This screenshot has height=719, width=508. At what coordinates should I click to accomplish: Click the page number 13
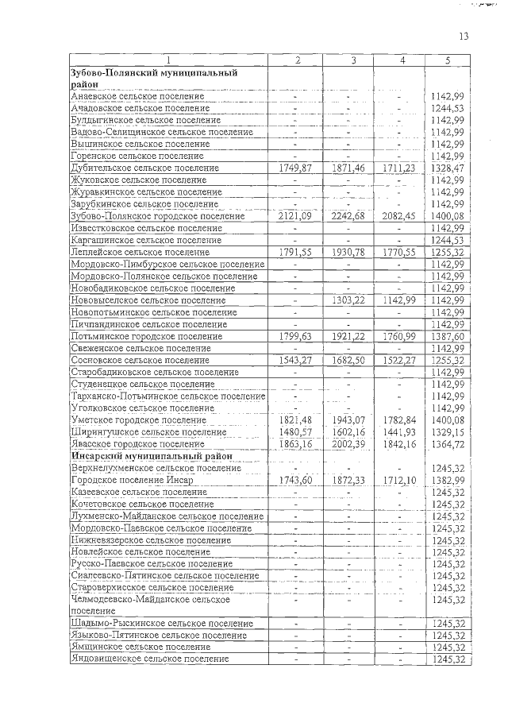click(464, 37)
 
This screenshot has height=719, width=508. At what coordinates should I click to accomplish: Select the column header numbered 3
click(350, 60)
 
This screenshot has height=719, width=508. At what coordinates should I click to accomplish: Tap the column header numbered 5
click(448, 60)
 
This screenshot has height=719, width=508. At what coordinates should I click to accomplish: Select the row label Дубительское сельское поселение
click(144, 168)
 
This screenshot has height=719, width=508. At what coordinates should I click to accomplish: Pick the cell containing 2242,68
click(349, 216)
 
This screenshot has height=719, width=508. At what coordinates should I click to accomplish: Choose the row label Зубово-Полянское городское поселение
click(157, 216)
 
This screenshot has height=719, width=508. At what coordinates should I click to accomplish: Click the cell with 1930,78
click(349, 252)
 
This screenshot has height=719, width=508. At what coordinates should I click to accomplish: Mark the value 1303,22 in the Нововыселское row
click(349, 300)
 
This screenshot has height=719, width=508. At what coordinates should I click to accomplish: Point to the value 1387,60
click(448, 336)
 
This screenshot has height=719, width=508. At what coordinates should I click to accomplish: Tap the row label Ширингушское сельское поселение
click(148, 432)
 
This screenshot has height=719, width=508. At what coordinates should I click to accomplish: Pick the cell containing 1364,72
click(448, 444)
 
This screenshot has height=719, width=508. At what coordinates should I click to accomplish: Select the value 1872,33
click(349, 481)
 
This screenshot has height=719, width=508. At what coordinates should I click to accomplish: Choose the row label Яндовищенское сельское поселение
click(150, 659)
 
